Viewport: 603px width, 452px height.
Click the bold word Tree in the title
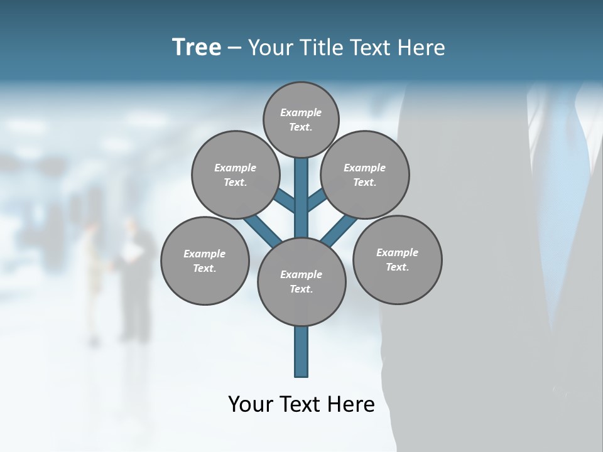pos(197,47)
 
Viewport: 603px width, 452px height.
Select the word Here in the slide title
pos(421,48)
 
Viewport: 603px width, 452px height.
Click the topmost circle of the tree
pos(301,119)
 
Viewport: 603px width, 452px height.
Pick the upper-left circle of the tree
pos(235,175)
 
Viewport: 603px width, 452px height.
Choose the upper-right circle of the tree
pos(365,175)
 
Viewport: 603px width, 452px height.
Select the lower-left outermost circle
pos(205,261)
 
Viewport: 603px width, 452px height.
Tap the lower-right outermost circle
pos(398,259)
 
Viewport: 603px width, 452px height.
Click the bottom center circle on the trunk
pos(301,282)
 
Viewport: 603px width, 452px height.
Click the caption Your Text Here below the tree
pos(301,404)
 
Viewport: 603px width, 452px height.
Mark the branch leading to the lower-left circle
pos(261,230)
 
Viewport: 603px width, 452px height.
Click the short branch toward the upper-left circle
pos(284,200)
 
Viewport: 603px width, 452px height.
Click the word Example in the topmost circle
pos(301,112)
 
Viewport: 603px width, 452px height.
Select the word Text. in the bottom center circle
pos(301,289)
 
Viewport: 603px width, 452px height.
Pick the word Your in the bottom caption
pos(250,404)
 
